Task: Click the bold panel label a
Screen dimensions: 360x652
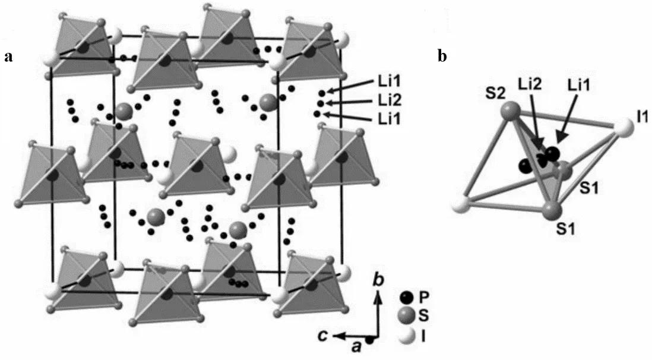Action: click(x=8, y=57)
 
